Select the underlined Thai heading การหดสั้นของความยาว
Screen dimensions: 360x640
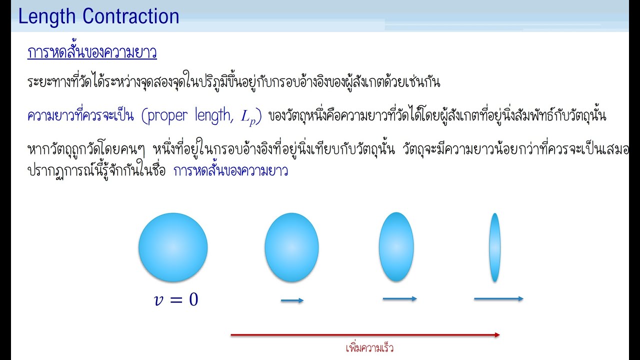pos(92,53)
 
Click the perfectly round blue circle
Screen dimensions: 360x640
pos(173,247)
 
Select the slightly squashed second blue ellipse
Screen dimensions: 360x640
pos(291,247)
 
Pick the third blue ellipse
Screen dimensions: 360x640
pos(396,246)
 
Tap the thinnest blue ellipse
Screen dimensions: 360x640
pos(495,247)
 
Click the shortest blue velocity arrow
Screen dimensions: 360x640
pos(292,300)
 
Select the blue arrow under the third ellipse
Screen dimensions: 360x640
pos(399,299)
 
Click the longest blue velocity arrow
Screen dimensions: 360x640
pos(498,299)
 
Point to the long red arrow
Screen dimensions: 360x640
pos(365,335)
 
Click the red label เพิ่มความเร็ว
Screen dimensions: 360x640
pos(369,348)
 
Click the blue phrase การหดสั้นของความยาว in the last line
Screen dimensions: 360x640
pos(230,171)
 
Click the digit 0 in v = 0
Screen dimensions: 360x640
pos(192,299)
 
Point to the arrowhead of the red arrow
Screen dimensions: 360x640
pos(496,335)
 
